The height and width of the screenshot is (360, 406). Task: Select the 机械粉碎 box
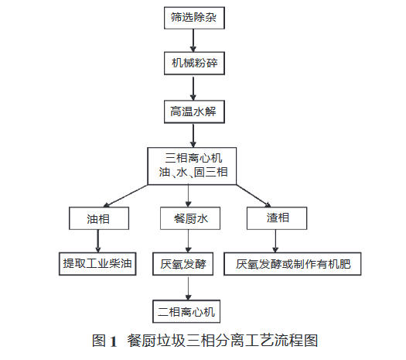point(193,62)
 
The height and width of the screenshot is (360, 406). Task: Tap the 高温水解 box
point(193,111)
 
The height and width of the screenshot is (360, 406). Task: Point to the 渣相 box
point(279,219)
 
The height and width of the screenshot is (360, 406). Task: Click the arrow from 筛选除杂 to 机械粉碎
point(193,40)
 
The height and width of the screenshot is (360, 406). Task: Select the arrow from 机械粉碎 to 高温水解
point(193,87)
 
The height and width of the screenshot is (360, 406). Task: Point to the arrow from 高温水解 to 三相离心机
point(193,135)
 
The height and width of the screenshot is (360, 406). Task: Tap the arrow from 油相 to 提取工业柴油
point(96,242)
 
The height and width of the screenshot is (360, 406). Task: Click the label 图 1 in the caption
point(104,340)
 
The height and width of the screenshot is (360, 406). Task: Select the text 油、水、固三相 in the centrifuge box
point(193,172)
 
